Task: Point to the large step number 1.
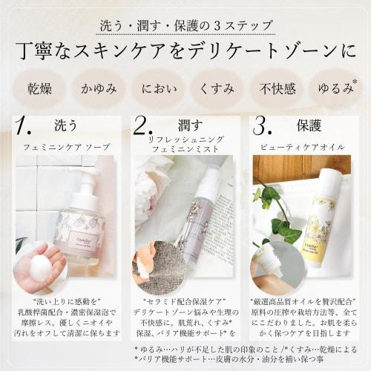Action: coord(24,125)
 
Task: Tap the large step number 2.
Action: coord(142,125)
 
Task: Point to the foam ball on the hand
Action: coord(40,267)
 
